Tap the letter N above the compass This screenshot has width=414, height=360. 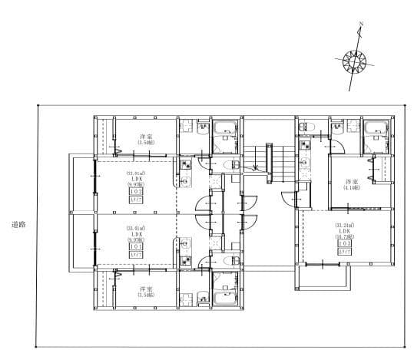click(361, 25)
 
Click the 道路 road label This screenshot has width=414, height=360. click(19, 225)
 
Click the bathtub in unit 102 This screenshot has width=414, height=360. click(225, 128)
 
